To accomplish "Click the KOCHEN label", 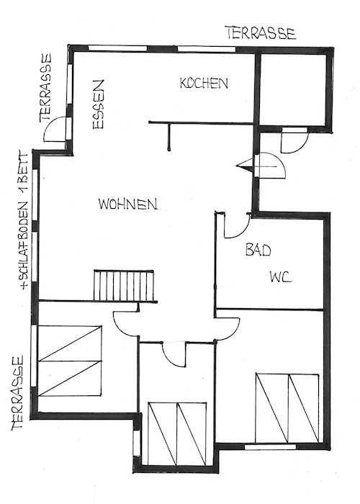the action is (204, 83).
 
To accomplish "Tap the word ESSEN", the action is (98, 104).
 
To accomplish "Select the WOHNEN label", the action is (127, 204).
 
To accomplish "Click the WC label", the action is (281, 276).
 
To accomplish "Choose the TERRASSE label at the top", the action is (261, 33).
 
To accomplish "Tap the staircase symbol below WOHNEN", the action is (123, 285).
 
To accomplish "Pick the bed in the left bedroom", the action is (70, 361).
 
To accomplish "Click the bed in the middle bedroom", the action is (177, 433).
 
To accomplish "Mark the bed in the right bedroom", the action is (288, 408).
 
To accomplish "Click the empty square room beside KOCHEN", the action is (293, 90).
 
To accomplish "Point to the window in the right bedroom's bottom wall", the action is (270, 447).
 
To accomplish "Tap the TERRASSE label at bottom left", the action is (18, 392).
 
